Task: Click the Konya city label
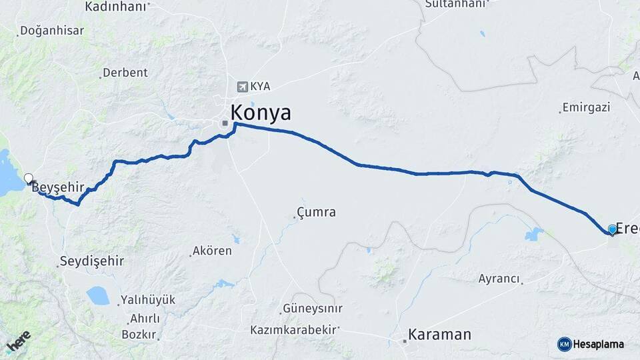pos(261,113)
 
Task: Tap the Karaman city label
pos(439,334)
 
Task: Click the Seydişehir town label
pos(92,261)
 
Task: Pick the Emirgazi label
pos(586,107)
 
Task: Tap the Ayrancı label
pos(499,279)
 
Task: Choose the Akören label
pos(211,251)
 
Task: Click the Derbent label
pos(125,73)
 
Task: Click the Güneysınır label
pos(312,309)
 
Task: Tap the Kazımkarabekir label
pos(294,329)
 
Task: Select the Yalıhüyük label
pos(147,300)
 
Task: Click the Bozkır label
pos(139,334)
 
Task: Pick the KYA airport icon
pos(242,87)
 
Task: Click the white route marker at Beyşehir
pos(29,179)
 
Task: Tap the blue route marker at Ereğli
pos(612,230)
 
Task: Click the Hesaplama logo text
pos(598,344)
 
